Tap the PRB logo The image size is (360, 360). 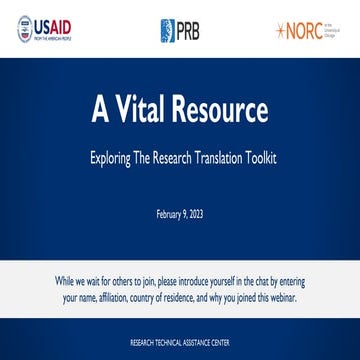(180, 29)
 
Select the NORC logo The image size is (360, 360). (310, 29)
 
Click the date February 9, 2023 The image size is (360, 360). (180, 214)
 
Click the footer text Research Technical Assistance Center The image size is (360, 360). (180, 341)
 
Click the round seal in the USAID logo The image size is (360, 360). (24, 29)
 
